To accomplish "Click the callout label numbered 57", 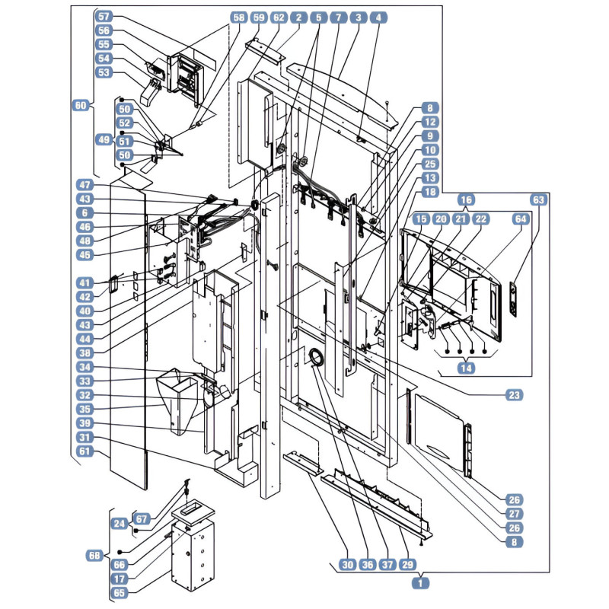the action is click(104, 17).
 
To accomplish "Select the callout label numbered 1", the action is click(420, 583).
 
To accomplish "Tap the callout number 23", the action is click(514, 395).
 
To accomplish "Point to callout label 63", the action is click(539, 200).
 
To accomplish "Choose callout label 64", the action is click(521, 219).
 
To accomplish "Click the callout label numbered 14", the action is click(466, 368).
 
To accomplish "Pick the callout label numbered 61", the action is click(84, 451).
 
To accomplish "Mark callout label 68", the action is click(94, 556).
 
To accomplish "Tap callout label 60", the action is click(81, 105).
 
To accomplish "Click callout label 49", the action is click(104, 139).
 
